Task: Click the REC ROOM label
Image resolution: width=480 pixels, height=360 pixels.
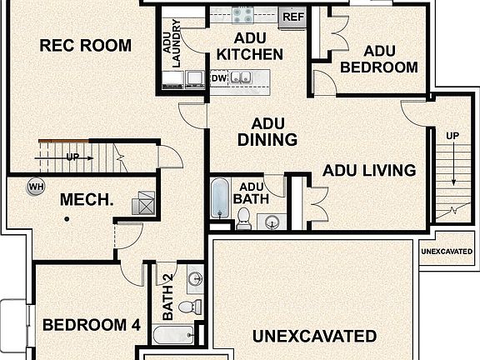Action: click(x=86, y=45)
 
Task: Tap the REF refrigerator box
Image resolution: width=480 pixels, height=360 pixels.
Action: click(x=292, y=16)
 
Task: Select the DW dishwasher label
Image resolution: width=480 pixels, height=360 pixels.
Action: click(x=219, y=78)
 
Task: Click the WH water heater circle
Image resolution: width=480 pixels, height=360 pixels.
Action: click(x=36, y=187)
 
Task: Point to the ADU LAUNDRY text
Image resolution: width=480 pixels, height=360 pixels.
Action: click(x=172, y=43)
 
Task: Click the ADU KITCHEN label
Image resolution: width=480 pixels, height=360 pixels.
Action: click(x=249, y=47)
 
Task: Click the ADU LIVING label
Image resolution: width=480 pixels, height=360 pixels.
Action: click(x=369, y=171)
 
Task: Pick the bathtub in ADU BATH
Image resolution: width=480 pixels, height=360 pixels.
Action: click(x=220, y=198)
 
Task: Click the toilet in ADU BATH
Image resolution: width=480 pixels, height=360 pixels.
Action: click(x=244, y=219)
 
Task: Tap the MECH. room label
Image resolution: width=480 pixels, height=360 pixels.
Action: click(x=86, y=201)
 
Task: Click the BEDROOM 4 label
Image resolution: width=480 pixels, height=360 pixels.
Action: click(x=92, y=325)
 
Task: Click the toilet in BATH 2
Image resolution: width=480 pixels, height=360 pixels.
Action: click(x=189, y=307)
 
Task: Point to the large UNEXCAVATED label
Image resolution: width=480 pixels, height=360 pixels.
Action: click(x=314, y=337)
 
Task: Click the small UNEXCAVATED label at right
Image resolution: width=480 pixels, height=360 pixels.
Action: click(x=449, y=251)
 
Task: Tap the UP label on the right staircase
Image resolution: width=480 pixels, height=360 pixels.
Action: click(x=452, y=136)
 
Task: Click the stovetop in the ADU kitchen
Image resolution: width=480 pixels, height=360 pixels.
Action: click(x=242, y=13)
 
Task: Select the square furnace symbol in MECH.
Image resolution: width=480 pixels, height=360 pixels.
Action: click(x=146, y=200)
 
